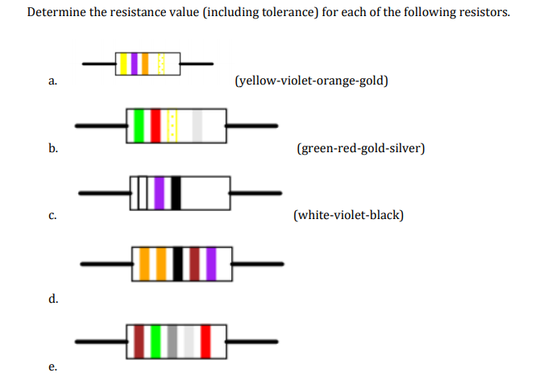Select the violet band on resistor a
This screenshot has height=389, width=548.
tap(135, 63)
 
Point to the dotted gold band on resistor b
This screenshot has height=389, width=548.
tap(172, 125)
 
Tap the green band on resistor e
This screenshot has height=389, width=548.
tap(156, 341)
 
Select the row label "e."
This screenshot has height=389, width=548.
tap(52, 367)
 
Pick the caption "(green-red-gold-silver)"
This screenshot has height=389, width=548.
tap(360, 149)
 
